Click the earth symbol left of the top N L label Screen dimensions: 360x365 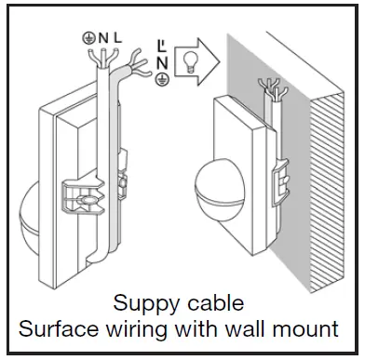pos(88,38)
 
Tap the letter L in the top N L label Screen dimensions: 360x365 pos(117,38)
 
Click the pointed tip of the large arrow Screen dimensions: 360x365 pos(220,62)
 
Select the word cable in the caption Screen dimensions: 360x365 pos(211,304)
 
